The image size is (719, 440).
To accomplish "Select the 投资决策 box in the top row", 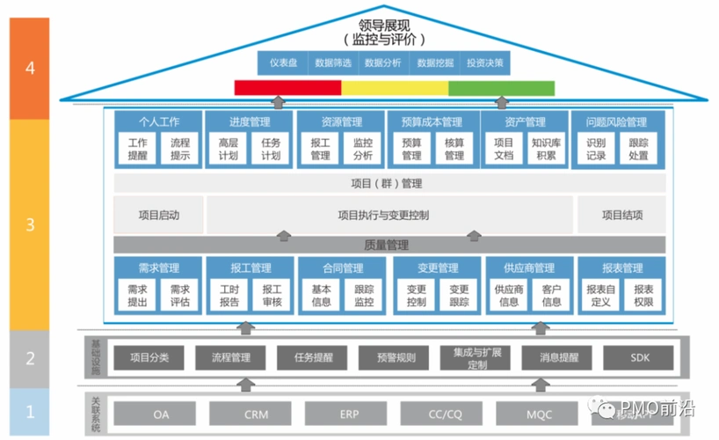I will pos(485,62).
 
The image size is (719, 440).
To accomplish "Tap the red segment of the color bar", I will pos(287,88).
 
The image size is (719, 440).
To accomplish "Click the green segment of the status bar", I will pos(502,88).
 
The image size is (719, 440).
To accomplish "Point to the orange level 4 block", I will pos(30,68).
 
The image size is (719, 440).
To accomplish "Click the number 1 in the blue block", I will pos(30,411).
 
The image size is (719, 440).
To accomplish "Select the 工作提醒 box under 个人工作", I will pos(137,149).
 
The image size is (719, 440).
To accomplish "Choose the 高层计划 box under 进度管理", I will pos(228,149).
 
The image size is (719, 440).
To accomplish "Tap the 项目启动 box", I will pos(159,215).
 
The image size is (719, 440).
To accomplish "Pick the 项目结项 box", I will pos(621,215).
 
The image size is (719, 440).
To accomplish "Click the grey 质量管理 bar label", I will pos(387,246).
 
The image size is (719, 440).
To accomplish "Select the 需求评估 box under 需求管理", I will pos(180,295).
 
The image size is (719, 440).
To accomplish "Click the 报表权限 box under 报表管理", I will pos(643,295).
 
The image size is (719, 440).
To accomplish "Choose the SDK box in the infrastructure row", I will pos(638,358).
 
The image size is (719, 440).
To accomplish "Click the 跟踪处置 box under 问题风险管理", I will pos(638,149).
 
